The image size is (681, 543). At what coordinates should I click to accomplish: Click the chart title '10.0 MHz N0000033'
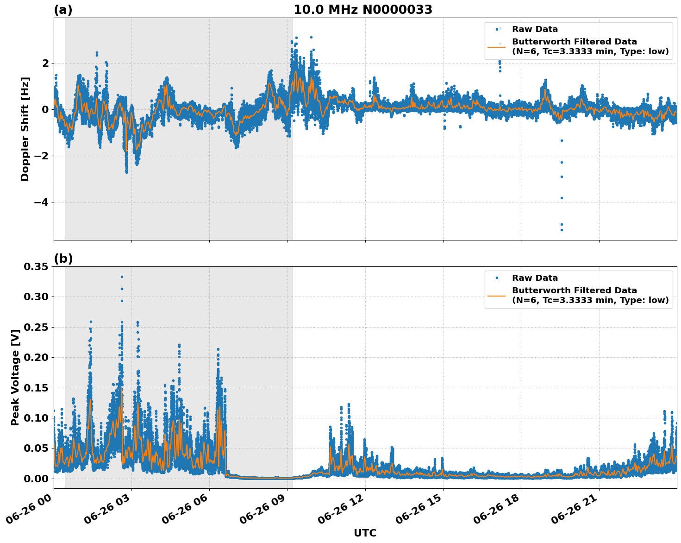[363, 10]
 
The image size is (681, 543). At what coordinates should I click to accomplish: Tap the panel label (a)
[63, 10]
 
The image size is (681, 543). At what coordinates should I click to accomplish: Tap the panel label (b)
[63, 259]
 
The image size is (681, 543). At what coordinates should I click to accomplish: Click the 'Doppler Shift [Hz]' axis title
[25, 129]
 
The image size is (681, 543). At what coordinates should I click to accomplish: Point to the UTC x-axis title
[365, 533]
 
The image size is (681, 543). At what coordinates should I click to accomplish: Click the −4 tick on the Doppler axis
[41, 202]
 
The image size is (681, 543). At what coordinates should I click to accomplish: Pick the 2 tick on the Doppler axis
[45, 63]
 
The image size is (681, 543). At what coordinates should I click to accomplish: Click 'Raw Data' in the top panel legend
[535, 29]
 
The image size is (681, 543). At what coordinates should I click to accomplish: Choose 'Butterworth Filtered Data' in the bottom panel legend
[574, 290]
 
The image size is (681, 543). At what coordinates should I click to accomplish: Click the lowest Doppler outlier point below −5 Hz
[562, 230]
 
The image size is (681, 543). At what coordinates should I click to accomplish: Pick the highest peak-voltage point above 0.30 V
[122, 277]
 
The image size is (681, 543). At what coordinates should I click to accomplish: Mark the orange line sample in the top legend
[496, 47]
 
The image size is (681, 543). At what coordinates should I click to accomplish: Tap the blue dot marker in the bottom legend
[496, 278]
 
